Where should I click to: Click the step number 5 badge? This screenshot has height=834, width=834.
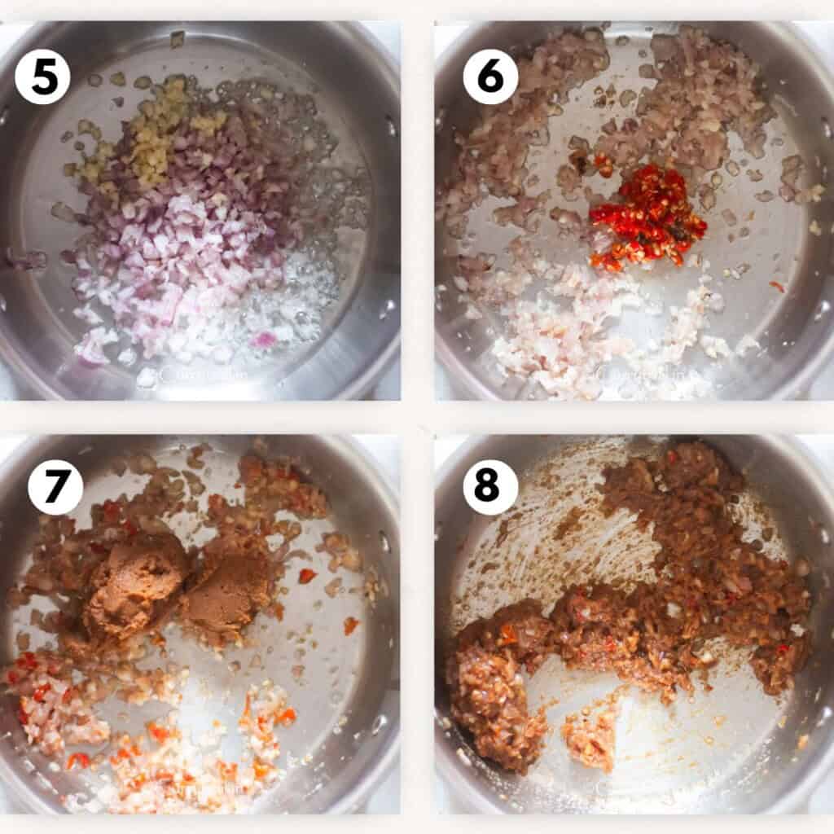point(42,77)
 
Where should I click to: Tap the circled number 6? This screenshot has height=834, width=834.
point(490,77)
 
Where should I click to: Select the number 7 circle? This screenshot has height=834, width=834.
point(55,487)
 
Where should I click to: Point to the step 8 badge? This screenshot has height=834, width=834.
point(490,487)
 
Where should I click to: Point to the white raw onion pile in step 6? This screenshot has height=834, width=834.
point(562,326)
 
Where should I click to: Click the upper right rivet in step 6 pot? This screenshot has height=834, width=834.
point(824,130)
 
